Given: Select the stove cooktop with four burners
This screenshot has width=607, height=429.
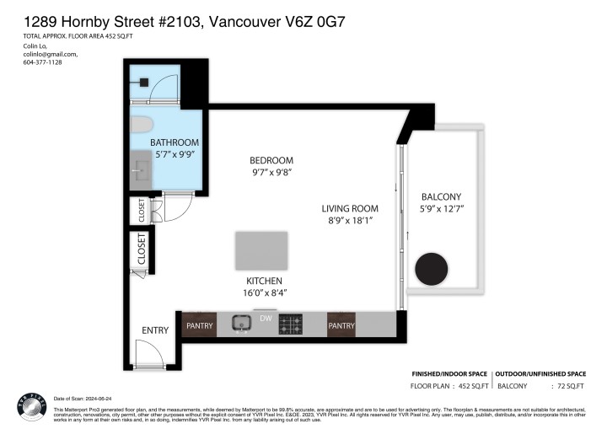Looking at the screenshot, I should tap(291, 324).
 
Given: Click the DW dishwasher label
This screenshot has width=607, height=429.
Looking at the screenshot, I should tap(265, 319).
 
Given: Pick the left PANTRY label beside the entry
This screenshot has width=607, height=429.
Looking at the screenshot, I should tap(200, 324).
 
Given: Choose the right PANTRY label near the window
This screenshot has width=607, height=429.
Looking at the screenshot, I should tap(341, 324).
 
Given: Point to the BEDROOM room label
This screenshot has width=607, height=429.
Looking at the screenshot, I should tap(271, 161).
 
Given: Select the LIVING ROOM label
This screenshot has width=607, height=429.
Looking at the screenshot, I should tap(349, 208).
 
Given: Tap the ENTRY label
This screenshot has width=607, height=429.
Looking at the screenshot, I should tap(156, 330).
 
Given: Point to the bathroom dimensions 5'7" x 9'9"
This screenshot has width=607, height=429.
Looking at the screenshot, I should tap(175, 155).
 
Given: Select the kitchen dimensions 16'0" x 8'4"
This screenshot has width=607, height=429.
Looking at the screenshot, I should tap(265, 293).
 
